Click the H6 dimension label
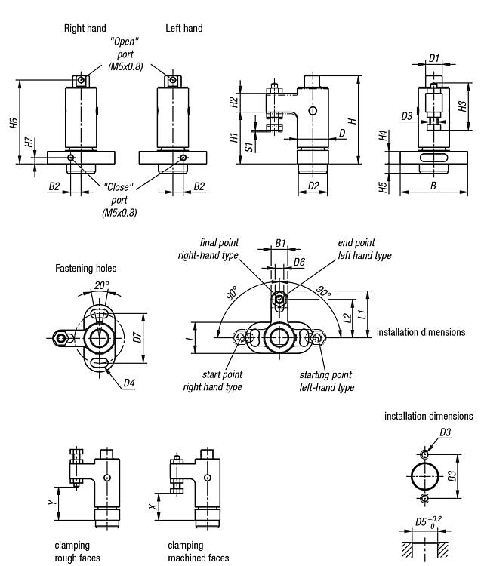14,122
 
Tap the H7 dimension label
29,142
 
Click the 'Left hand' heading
184,28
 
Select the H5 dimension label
384,186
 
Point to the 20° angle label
100,286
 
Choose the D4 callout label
129,383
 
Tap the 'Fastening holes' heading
86,268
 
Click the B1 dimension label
279,243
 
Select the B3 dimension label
451,477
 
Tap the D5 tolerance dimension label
424,522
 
